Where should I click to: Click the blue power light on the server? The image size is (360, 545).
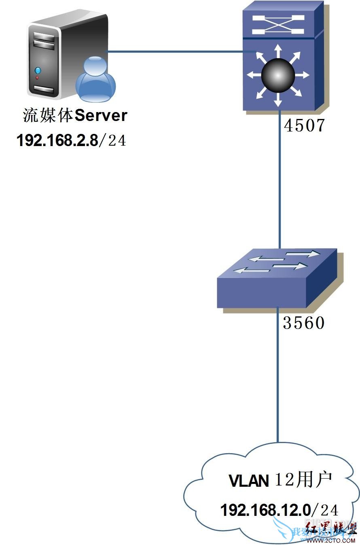[38, 70]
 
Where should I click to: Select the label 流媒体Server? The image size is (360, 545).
[75, 116]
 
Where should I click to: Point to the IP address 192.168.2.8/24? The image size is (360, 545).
[71, 140]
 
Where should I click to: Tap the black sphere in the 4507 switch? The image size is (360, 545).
[278, 74]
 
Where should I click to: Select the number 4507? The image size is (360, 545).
[304, 126]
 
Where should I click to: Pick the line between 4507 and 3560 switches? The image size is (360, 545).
[280, 182]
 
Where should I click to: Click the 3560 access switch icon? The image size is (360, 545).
[277, 279]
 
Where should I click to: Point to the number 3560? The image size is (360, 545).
[304, 323]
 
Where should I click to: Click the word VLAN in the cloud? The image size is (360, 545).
[249, 481]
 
